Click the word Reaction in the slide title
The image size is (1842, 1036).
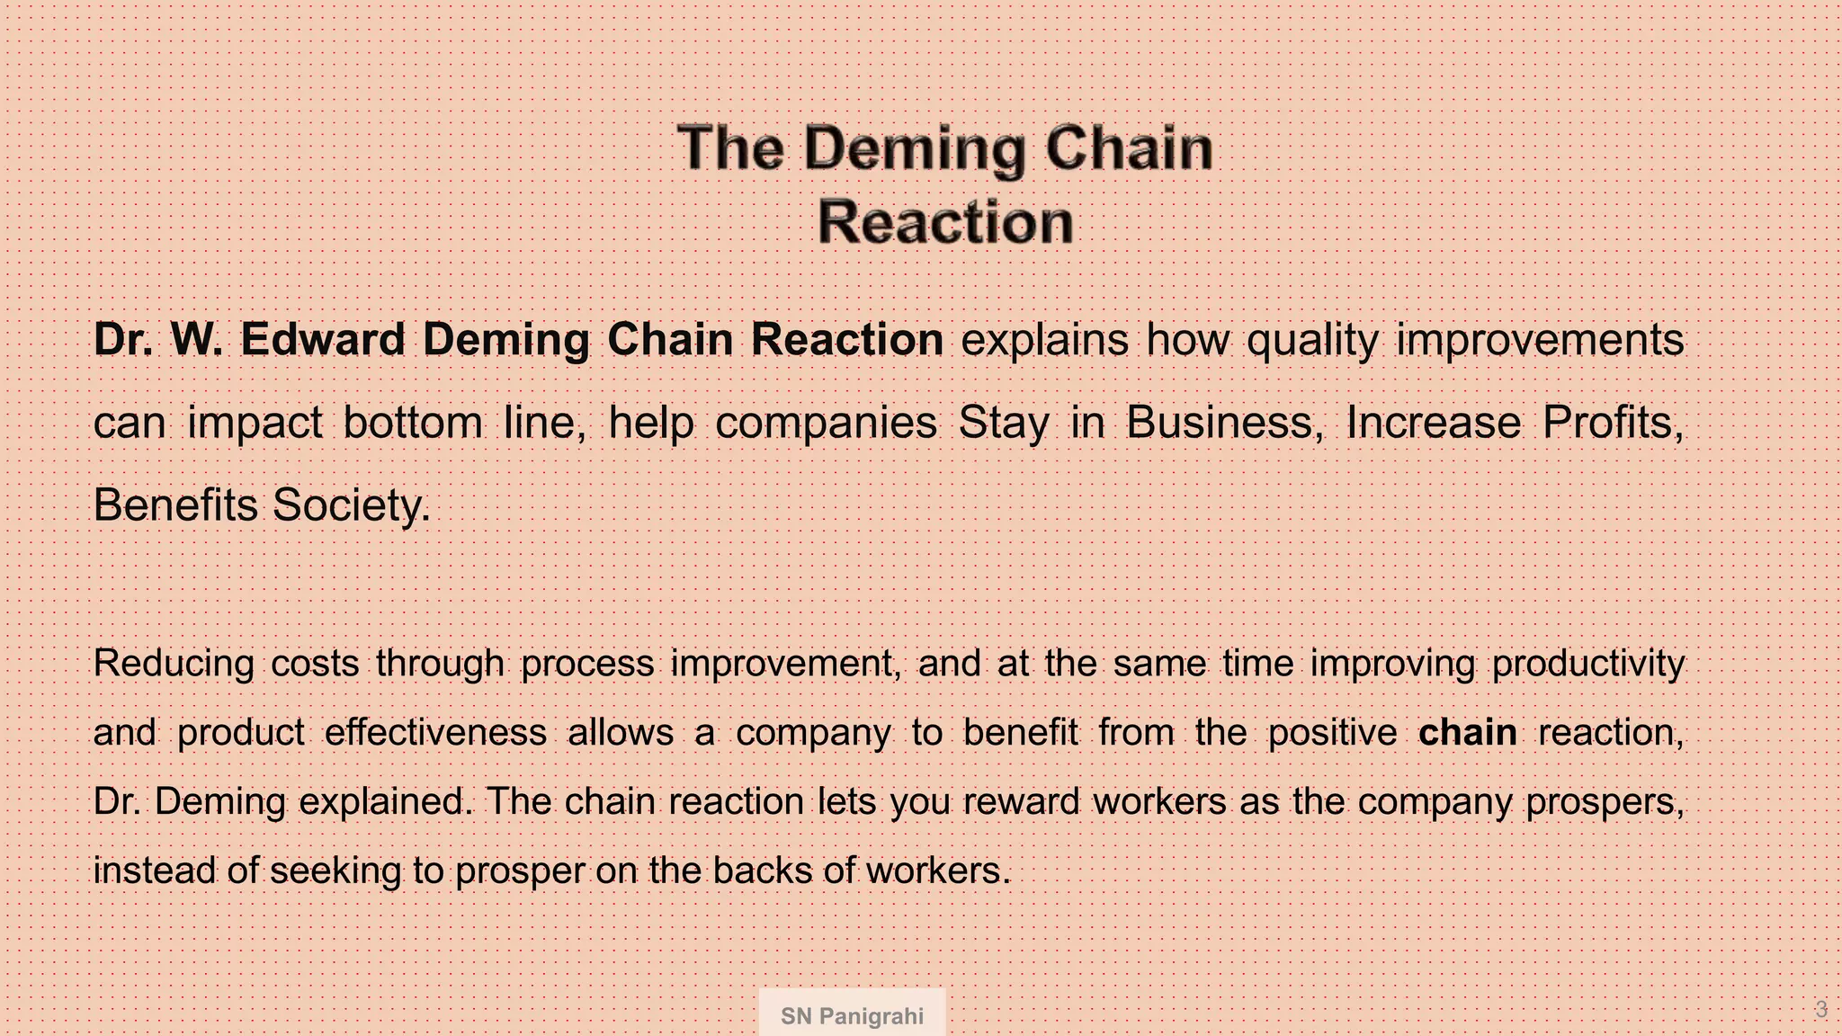tap(945, 222)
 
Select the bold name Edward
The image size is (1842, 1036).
tap(323, 340)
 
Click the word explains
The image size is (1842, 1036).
tap(1044, 340)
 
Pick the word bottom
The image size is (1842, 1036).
tap(413, 423)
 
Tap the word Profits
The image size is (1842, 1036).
tap(1613, 423)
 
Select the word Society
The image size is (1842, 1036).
tap(352, 505)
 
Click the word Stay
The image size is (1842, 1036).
tap(1003, 423)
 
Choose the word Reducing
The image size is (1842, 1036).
tap(174, 664)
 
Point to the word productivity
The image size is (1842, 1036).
tap(1588, 664)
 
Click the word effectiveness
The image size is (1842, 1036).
tap(435, 732)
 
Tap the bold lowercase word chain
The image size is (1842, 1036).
tap(1467, 732)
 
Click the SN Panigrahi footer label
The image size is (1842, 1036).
tap(852, 1016)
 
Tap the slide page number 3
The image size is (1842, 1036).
tap(1820, 1010)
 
